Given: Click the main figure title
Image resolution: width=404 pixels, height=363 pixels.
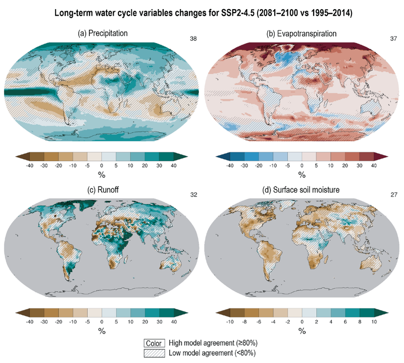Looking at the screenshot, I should [x=201, y=11].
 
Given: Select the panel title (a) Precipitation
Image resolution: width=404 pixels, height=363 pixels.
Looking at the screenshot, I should [x=103, y=33].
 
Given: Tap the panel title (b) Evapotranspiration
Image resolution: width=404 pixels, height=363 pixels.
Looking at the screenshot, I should [x=301, y=33].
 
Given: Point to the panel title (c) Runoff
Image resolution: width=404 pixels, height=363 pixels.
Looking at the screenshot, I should [x=103, y=190].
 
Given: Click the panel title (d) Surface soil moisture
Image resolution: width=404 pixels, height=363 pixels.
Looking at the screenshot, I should [x=301, y=190].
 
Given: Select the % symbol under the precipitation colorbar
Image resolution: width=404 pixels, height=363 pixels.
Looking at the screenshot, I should [x=102, y=175].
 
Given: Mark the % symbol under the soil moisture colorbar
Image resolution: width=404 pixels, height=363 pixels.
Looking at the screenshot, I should [x=301, y=332].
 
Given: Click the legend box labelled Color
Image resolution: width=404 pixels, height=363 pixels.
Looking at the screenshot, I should [x=153, y=342].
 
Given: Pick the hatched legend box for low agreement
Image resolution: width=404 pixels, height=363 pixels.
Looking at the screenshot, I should [x=153, y=352].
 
